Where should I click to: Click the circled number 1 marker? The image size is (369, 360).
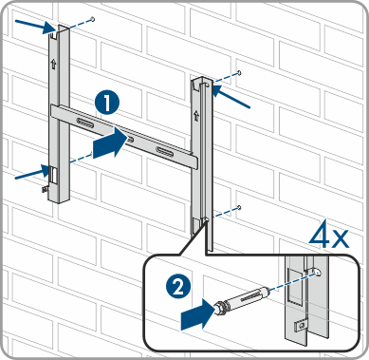pyautogui.click(x=107, y=103)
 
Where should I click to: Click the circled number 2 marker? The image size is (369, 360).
pyautogui.click(x=178, y=288)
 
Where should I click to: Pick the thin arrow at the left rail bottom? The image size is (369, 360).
pyautogui.click(x=32, y=173)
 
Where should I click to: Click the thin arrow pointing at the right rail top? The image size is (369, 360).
pyautogui.click(x=231, y=96)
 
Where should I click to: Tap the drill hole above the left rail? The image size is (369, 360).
pyautogui.click(x=93, y=19)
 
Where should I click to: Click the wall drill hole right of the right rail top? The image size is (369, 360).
pyautogui.click(x=240, y=73)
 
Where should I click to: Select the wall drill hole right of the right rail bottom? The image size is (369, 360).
pyautogui.click(x=239, y=208)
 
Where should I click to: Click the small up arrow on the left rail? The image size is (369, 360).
pyautogui.click(x=53, y=64)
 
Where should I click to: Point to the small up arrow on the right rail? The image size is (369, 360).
pyautogui.click(x=196, y=115)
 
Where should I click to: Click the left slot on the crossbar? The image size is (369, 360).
pyautogui.click(x=85, y=123)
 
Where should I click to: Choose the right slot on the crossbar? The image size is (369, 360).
pyautogui.click(x=164, y=151)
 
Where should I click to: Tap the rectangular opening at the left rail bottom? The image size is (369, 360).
pyautogui.click(x=53, y=175)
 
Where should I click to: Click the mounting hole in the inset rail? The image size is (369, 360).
pyautogui.click(x=317, y=272)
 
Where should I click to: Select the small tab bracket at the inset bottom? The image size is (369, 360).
pyautogui.click(x=301, y=326)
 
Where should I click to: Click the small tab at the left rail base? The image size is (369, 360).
pyautogui.click(x=46, y=188)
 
